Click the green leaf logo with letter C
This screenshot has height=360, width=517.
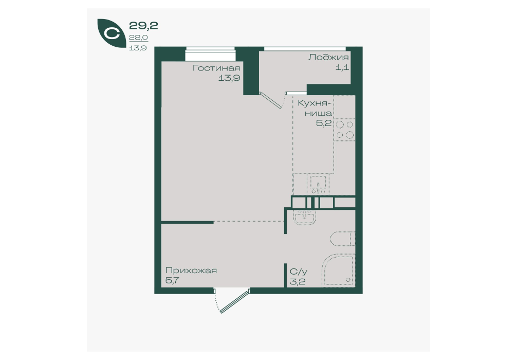click(110, 33)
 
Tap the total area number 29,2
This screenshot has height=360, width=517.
click(143, 25)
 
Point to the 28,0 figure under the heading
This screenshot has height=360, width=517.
click(138, 38)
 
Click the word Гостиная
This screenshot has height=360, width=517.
click(216, 68)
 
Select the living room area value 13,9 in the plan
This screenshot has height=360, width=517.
click(229, 78)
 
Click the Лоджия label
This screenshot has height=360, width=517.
click(328, 58)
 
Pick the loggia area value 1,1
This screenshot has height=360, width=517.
click(342, 68)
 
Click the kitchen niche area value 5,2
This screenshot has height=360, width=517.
click(324, 123)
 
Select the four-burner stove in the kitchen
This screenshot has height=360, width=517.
click(344, 130)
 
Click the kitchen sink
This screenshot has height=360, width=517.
click(318, 185)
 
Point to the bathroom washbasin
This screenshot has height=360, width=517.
click(305, 218)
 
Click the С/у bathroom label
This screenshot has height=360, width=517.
click(299, 272)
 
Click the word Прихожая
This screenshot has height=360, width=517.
click(191, 271)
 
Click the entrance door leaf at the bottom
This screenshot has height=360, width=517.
click(234, 301)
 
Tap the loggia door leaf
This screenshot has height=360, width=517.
click(271, 100)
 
